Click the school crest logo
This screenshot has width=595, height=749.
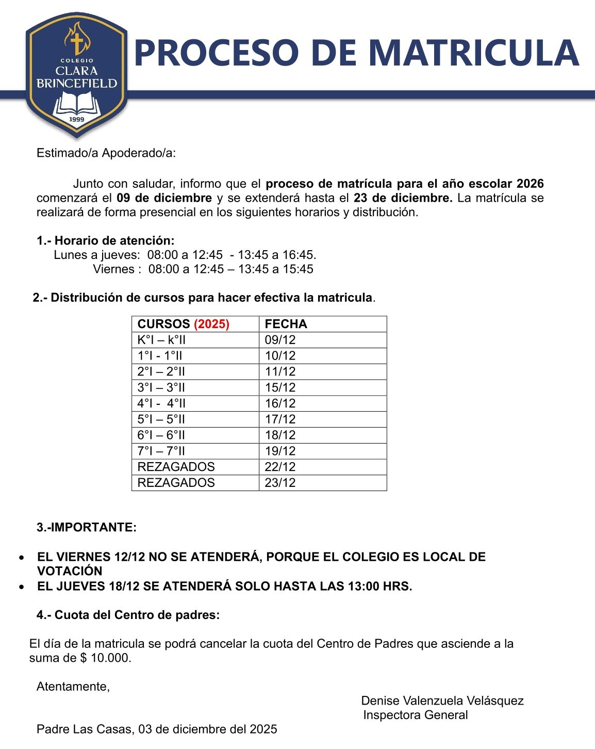click(77, 75)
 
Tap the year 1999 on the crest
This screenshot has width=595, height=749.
click(77, 120)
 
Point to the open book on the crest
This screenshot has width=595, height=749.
click(77, 103)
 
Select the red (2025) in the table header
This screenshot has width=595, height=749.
click(211, 324)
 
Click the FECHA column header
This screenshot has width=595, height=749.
click(286, 324)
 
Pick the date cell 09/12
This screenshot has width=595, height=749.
click(280, 340)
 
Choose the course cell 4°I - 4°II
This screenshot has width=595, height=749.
click(161, 403)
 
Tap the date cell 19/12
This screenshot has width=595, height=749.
click(280, 451)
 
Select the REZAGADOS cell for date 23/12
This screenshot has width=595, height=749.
click(176, 483)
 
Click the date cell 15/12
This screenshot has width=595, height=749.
click(280, 387)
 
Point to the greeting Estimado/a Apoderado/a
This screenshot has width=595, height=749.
click(106, 153)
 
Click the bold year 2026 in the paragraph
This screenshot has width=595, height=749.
click(530, 184)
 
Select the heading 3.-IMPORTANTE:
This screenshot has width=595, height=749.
click(87, 527)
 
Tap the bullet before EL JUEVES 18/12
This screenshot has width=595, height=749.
click(21, 587)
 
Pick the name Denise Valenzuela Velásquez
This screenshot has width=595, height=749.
click(442, 701)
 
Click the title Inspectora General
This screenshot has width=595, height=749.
click(416, 715)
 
